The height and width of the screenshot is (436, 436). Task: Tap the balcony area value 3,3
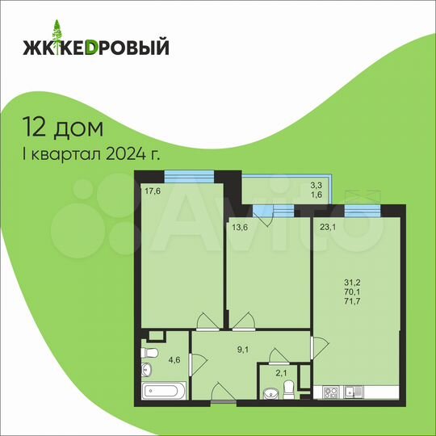click(x=316, y=185)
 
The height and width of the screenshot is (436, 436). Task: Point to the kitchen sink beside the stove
click(x=352, y=392)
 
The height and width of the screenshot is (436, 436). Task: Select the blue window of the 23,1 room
click(x=363, y=209)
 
